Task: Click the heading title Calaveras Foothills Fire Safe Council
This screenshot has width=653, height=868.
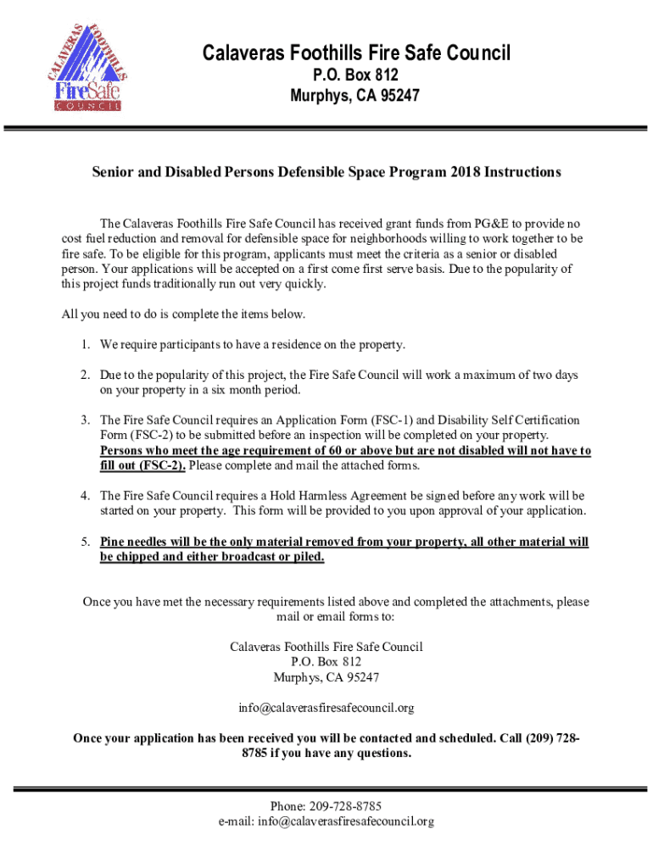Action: coord(356,54)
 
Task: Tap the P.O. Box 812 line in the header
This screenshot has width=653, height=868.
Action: coord(356,76)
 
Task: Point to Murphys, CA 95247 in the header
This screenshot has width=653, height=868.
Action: coord(356,97)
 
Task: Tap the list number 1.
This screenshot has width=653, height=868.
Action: coord(86,344)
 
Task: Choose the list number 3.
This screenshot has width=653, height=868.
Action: coord(86,420)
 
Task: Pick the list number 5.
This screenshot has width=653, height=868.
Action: coord(86,542)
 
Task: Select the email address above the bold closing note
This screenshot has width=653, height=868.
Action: coord(326,707)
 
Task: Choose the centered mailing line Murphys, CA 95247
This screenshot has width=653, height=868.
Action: coord(326,677)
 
